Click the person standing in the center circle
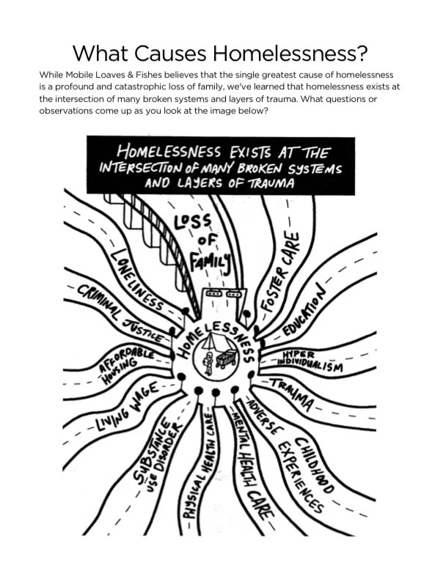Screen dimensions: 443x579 (x=208, y=364)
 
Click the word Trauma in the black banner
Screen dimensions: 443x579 (x=266, y=184)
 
